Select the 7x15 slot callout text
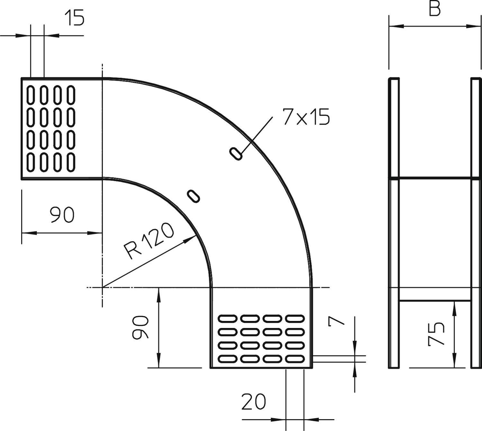point(306,117)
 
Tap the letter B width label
point(434,10)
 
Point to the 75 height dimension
point(437,335)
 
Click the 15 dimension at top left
point(74,18)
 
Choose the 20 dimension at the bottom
point(254,402)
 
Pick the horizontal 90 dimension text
point(62,215)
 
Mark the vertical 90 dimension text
point(140,327)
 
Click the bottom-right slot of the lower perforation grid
point(295,358)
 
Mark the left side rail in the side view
point(394,223)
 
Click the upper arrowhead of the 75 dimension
point(454,305)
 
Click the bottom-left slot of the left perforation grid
point(31,162)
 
